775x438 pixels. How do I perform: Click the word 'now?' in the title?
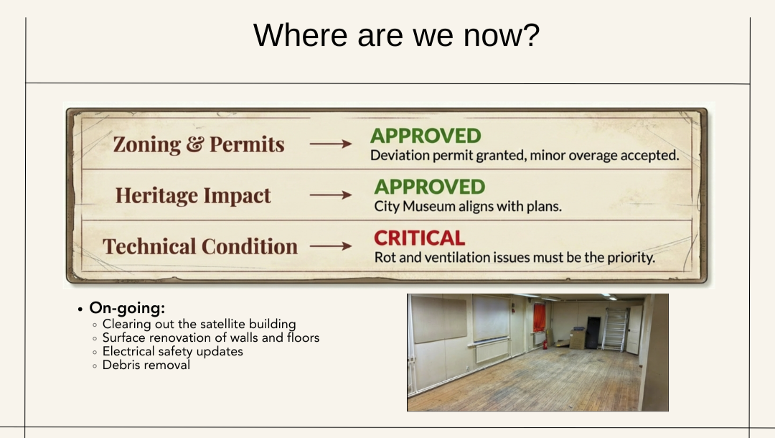[501, 35]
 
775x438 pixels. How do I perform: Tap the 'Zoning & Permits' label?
[199, 144]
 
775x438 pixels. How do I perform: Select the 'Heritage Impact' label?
[193, 195]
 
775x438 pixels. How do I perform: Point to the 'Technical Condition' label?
[200, 246]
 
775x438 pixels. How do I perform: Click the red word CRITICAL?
[419, 238]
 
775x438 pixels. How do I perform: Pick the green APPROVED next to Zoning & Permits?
[426, 136]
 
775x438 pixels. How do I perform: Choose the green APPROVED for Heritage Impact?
[430, 187]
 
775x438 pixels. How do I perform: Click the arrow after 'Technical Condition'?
[331, 246]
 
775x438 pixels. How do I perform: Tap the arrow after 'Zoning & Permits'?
[331, 144]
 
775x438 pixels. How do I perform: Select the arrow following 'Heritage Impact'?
[331, 195]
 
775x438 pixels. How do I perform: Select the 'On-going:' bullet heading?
[127, 308]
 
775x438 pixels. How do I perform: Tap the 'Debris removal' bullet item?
[146, 365]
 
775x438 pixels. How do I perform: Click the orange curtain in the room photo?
[539, 317]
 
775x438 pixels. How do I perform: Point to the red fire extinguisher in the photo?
[545, 343]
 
